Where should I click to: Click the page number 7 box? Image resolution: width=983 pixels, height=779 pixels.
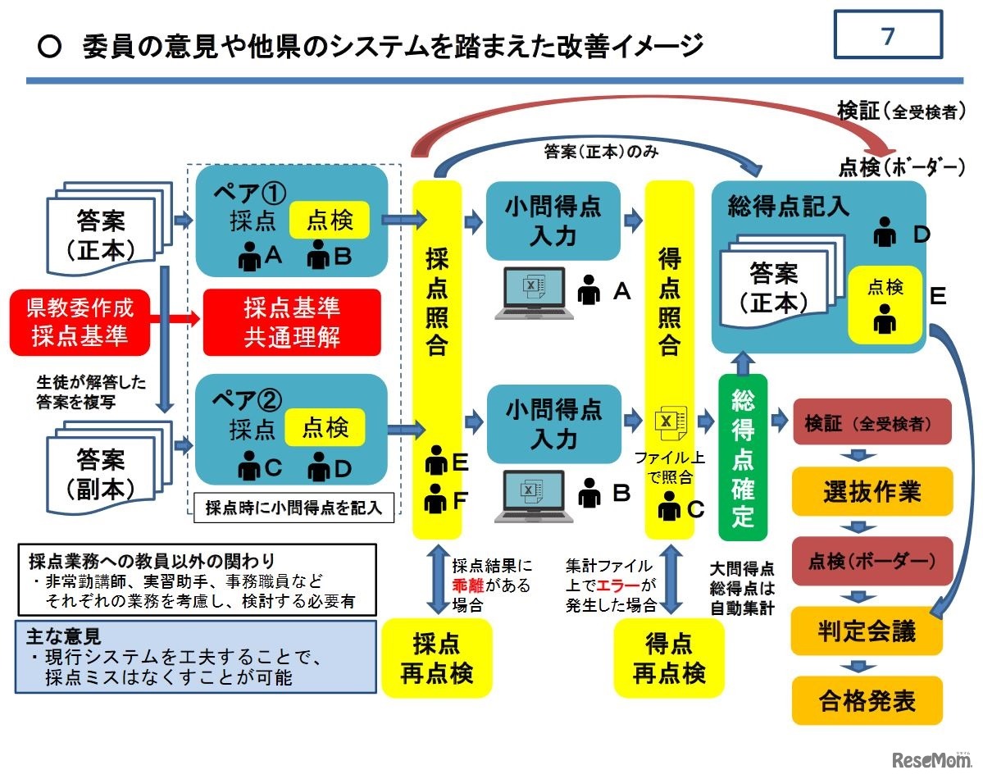tap(888, 35)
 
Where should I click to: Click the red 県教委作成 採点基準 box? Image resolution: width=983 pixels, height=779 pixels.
tap(81, 322)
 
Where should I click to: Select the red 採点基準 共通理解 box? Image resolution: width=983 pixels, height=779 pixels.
tap(292, 322)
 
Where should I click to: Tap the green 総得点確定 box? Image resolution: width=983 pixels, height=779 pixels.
tap(742, 457)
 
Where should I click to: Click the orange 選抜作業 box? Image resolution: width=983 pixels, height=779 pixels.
tap(872, 491)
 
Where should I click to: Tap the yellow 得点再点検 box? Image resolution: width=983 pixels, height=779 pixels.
tap(669, 658)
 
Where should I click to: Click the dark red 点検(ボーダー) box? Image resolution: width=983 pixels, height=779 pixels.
tap(872, 562)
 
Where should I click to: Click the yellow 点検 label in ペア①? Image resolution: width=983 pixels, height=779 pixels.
tap(329, 220)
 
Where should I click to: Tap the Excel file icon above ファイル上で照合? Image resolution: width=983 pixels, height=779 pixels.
tap(667, 421)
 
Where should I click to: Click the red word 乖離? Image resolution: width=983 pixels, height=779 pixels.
tap(471, 585)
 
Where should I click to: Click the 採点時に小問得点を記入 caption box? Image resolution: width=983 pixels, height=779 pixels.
tap(294, 507)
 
